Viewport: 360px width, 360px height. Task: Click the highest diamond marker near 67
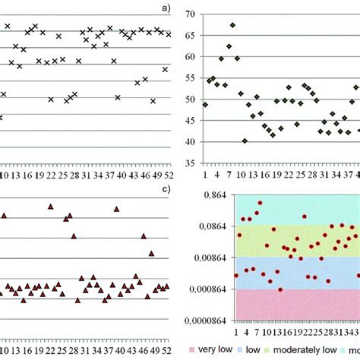[x=232, y=25]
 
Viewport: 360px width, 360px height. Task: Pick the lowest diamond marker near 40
[x=245, y=141]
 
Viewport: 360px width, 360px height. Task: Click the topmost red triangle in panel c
[x=51, y=206]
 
